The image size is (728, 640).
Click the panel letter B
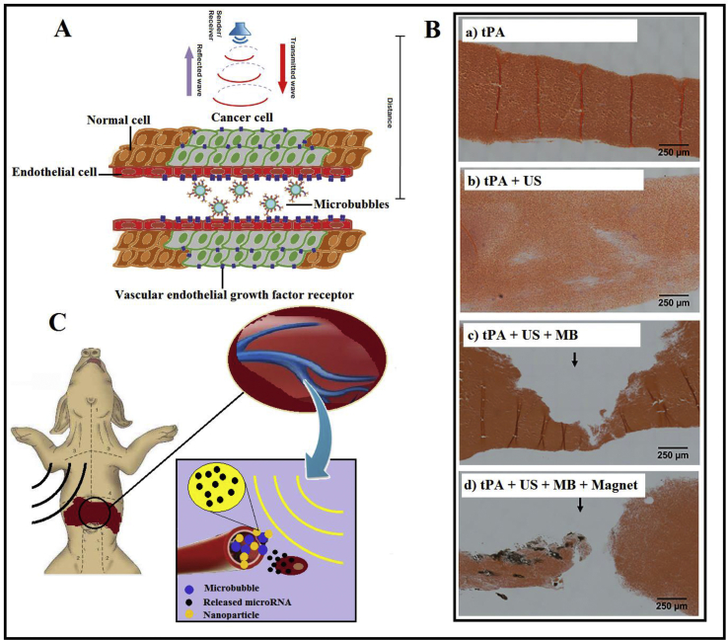(431, 29)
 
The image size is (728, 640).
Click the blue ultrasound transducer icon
(234, 33)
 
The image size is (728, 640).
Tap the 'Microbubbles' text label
(350, 204)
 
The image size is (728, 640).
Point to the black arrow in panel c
(574, 362)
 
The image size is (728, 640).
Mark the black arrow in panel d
(580, 505)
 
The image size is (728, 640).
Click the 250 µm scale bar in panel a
(676, 143)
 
